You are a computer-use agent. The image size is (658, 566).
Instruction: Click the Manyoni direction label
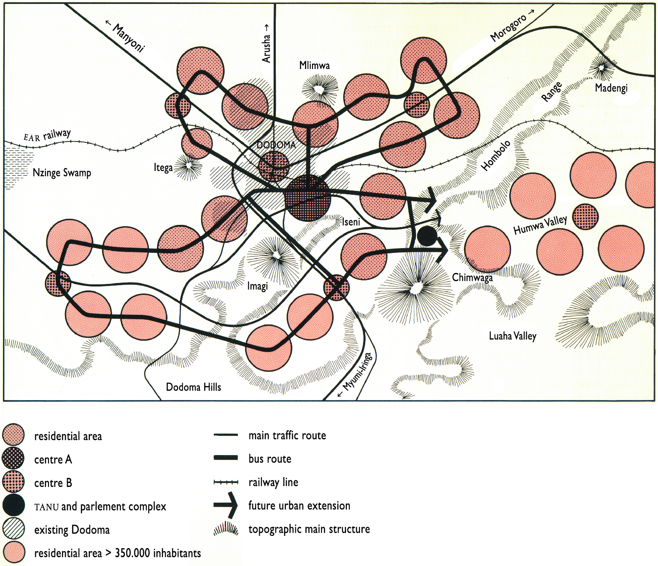coord(126,37)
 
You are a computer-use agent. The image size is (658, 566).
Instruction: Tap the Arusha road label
coord(267,44)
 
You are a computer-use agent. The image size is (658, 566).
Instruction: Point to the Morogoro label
coord(511,27)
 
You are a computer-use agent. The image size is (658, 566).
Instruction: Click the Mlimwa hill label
coord(314,66)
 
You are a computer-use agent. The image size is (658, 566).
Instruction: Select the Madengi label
coord(611,88)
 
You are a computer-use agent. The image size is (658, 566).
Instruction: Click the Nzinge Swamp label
coord(62,173)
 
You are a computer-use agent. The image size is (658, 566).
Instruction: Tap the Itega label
coord(163,168)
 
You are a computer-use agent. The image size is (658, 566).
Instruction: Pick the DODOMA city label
coord(276,145)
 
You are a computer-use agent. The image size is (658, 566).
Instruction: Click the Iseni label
coord(351,222)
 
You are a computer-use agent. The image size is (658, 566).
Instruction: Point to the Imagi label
coord(257,286)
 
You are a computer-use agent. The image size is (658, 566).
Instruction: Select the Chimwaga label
coord(472,277)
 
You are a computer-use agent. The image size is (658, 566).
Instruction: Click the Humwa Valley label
coord(540,225)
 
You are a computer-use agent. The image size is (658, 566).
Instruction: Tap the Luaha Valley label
coord(512,336)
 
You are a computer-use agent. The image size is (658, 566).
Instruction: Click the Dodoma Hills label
coord(193,387)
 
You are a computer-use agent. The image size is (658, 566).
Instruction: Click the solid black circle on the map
coord(427,236)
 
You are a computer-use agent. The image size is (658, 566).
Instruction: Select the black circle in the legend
coord(14,506)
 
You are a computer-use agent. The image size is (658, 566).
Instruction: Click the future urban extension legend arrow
coord(226,505)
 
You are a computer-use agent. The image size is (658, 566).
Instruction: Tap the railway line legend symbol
coord(226,482)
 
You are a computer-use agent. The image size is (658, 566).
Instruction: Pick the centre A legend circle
coord(14,459)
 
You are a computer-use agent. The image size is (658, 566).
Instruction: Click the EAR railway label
coord(47,136)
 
